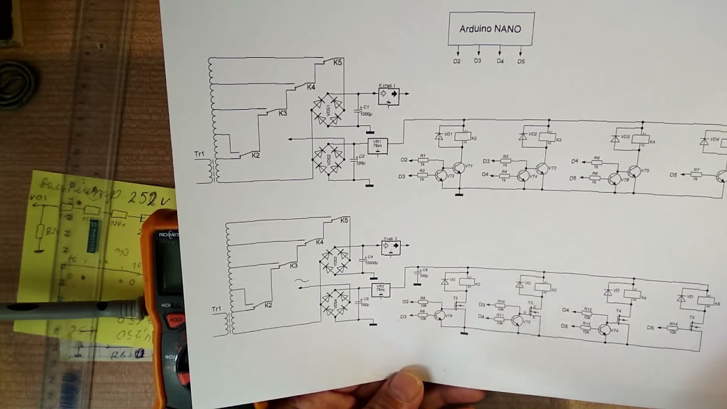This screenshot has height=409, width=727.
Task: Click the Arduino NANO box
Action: [x=491, y=28]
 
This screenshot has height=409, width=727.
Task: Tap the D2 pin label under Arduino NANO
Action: [x=457, y=61]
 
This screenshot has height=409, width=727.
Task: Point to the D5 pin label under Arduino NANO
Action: [x=521, y=61]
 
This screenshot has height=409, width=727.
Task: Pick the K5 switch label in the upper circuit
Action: [x=338, y=62]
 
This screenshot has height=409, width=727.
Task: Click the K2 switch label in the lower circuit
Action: [x=269, y=305]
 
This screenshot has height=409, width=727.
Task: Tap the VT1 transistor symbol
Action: [x=459, y=168]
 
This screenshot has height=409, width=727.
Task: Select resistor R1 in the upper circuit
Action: [x=423, y=160]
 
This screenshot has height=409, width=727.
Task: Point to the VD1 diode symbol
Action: [x=439, y=136]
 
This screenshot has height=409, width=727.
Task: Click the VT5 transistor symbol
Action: [x=633, y=172]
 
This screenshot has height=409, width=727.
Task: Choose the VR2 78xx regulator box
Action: [x=381, y=290]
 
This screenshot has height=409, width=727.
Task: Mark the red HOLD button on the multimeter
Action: [x=176, y=320]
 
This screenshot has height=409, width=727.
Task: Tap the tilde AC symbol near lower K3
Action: [x=302, y=280]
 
